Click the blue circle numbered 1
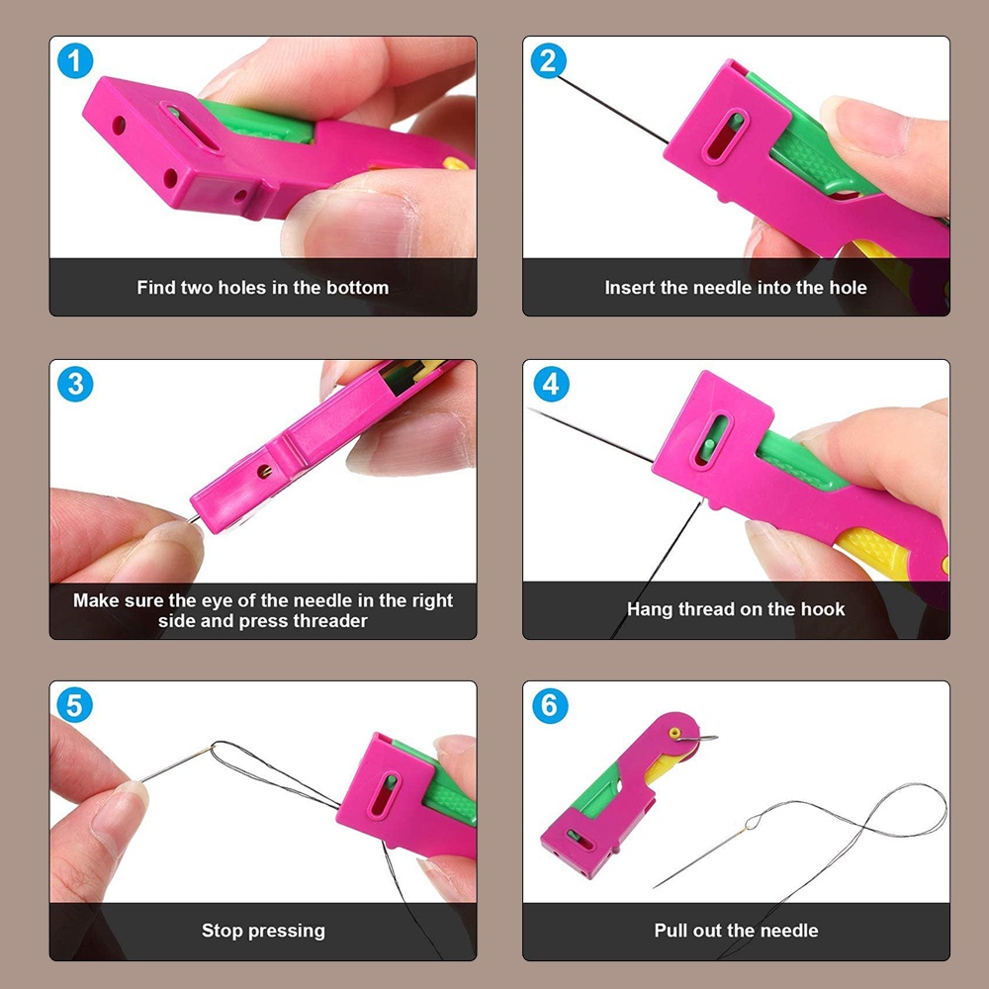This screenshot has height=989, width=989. [75, 61]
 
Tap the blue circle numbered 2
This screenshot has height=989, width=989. [548, 61]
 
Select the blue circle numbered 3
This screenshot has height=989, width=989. [75, 384]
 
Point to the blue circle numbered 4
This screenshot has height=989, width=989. [551, 384]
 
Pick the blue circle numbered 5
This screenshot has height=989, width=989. [74, 705]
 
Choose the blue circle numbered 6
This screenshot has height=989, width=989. [550, 705]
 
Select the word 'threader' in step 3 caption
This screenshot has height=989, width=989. [330, 621]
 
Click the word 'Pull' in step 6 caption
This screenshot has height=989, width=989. [671, 931]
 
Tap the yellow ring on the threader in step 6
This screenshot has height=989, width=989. [674, 733]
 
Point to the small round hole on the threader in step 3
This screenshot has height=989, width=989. [264, 471]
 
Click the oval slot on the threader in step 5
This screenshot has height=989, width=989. [384, 795]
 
